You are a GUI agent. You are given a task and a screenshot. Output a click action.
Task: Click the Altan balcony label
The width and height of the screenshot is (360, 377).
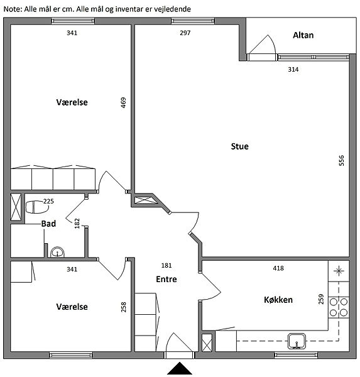(x=303, y=35)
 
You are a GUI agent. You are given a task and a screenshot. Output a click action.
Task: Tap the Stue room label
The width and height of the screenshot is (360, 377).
(x=239, y=146)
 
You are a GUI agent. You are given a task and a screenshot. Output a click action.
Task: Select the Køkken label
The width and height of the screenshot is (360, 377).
(x=278, y=300)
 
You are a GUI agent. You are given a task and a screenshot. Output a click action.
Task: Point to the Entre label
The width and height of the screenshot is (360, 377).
(x=166, y=279)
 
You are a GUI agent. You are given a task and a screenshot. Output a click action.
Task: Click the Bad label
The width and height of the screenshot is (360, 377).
(x=48, y=224)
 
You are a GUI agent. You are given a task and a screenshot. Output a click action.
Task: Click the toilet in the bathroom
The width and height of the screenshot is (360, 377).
(x=36, y=207)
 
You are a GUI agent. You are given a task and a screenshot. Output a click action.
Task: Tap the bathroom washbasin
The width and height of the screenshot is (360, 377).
(x=57, y=252)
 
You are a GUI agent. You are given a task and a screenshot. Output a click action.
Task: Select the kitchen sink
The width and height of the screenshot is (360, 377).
(x=297, y=341)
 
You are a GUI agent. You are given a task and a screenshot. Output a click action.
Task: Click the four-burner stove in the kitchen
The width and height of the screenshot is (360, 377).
(x=339, y=307)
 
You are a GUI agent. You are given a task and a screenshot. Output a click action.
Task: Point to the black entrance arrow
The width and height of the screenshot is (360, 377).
(x=180, y=368)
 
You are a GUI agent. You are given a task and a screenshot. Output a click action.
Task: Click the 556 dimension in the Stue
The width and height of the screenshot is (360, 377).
(x=341, y=160)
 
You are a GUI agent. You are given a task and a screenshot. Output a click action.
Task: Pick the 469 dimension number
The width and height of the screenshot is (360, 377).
(x=123, y=102)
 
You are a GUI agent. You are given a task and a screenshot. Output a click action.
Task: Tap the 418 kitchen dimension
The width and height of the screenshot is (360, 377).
(x=278, y=268)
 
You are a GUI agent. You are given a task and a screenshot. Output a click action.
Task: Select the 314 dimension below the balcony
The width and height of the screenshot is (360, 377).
(x=293, y=70)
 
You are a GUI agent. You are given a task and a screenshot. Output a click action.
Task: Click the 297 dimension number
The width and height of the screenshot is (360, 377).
(x=185, y=33)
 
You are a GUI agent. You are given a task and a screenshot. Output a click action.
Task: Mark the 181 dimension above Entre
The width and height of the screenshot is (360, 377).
(x=166, y=265)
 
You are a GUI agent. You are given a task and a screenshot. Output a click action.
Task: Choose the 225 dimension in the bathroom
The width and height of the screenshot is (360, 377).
(x=48, y=201)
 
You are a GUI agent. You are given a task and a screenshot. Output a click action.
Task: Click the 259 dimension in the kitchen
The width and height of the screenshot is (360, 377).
(x=321, y=299)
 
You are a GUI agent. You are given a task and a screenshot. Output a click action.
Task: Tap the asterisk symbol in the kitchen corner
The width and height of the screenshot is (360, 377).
(x=339, y=271)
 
